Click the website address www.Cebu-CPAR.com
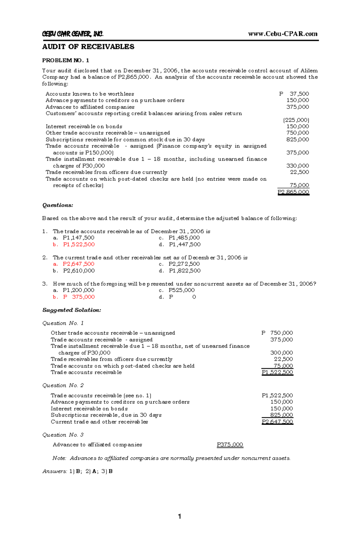pos(283,34)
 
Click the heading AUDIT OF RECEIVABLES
pos(88,47)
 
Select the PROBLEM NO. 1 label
pos(65,60)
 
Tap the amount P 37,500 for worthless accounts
pos(294,94)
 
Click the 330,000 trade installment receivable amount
pos(297,166)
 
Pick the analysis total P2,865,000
pos(293,192)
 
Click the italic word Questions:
pos(58,205)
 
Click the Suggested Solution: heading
pos(72,310)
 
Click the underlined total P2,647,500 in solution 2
pos(277,422)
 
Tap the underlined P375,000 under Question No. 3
pos(230,445)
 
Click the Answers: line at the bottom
pos(77,471)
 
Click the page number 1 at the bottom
pos(179,516)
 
